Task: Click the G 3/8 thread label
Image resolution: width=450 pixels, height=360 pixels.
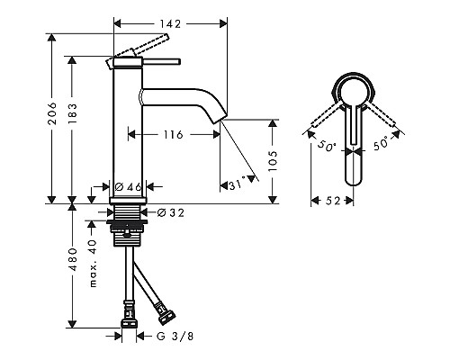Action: coord(170,337)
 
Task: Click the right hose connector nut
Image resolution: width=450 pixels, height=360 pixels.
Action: coord(165,314)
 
